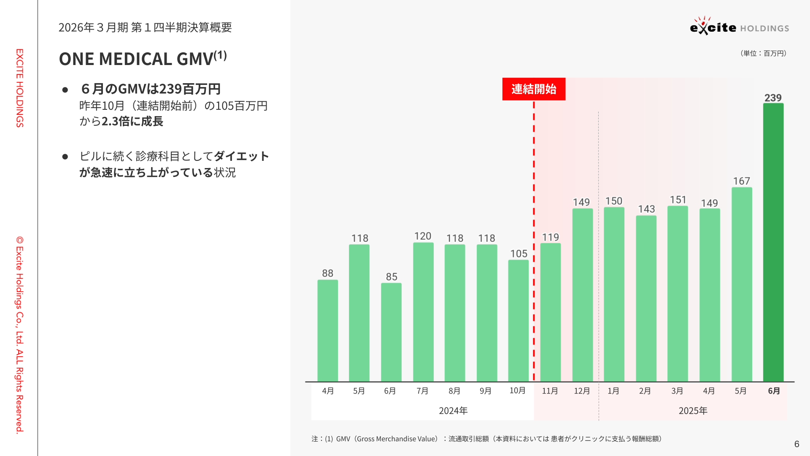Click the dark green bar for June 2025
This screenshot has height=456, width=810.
[x=773, y=243]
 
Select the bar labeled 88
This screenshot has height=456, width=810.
[x=327, y=331]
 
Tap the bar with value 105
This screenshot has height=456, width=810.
[x=518, y=321]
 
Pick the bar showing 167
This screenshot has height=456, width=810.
[x=742, y=285]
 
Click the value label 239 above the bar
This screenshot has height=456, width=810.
[x=773, y=98]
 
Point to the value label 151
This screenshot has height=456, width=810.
[x=678, y=200]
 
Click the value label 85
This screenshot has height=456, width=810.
[x=391, y=277]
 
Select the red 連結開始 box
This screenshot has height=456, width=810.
[x=534, y=89]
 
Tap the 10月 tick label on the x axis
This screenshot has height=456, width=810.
[x=517, y=391]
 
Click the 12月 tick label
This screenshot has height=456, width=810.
[x=582, y=391]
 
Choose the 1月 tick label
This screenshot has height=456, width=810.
[x=613, y=391]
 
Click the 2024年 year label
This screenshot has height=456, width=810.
[x=453, y=411]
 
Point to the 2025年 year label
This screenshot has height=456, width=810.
[x=693, y=411]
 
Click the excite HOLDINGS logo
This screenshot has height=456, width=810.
[x=739, y=27]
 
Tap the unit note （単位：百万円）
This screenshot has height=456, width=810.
[x=763, y=54]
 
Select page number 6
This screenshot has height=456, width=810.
[x=796, y=444]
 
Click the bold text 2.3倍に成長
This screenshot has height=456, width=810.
[x=132, y=122]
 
